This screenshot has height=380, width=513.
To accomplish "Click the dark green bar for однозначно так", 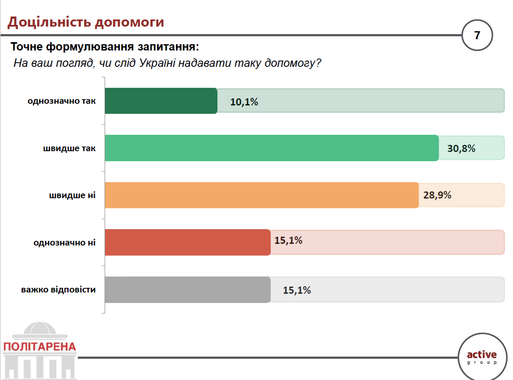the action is (x=161, y=101).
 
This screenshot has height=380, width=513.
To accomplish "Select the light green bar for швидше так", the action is (x=272, y=148).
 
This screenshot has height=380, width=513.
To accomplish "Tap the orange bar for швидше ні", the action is (x=262, y=195).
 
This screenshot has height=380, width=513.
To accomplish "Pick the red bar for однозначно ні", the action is (x=188, y=242).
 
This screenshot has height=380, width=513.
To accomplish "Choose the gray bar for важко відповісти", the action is (x=188, y=290).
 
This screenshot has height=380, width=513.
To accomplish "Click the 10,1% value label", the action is (x=244, y=102).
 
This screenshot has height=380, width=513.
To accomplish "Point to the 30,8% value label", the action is (x=461, y=148).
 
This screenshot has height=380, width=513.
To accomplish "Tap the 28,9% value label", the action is (x=437, y=195).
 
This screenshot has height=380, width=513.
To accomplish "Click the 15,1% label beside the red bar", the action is (x=288, y=240).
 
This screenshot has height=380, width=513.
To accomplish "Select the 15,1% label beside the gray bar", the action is (x=297, y=290).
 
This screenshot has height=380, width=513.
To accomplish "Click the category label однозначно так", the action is (x=62, y=101).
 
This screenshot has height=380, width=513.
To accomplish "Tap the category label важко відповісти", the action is (x=58, y=290).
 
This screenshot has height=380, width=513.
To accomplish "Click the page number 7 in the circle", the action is (x=477, y=35).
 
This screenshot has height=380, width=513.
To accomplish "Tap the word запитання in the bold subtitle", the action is (x=168, y=47).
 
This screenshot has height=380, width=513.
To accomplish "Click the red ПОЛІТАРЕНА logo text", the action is (x=39, y=347).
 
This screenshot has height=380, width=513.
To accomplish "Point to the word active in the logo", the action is (x=482, y=354).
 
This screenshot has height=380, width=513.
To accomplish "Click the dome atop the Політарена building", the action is (x=40, y=327).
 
